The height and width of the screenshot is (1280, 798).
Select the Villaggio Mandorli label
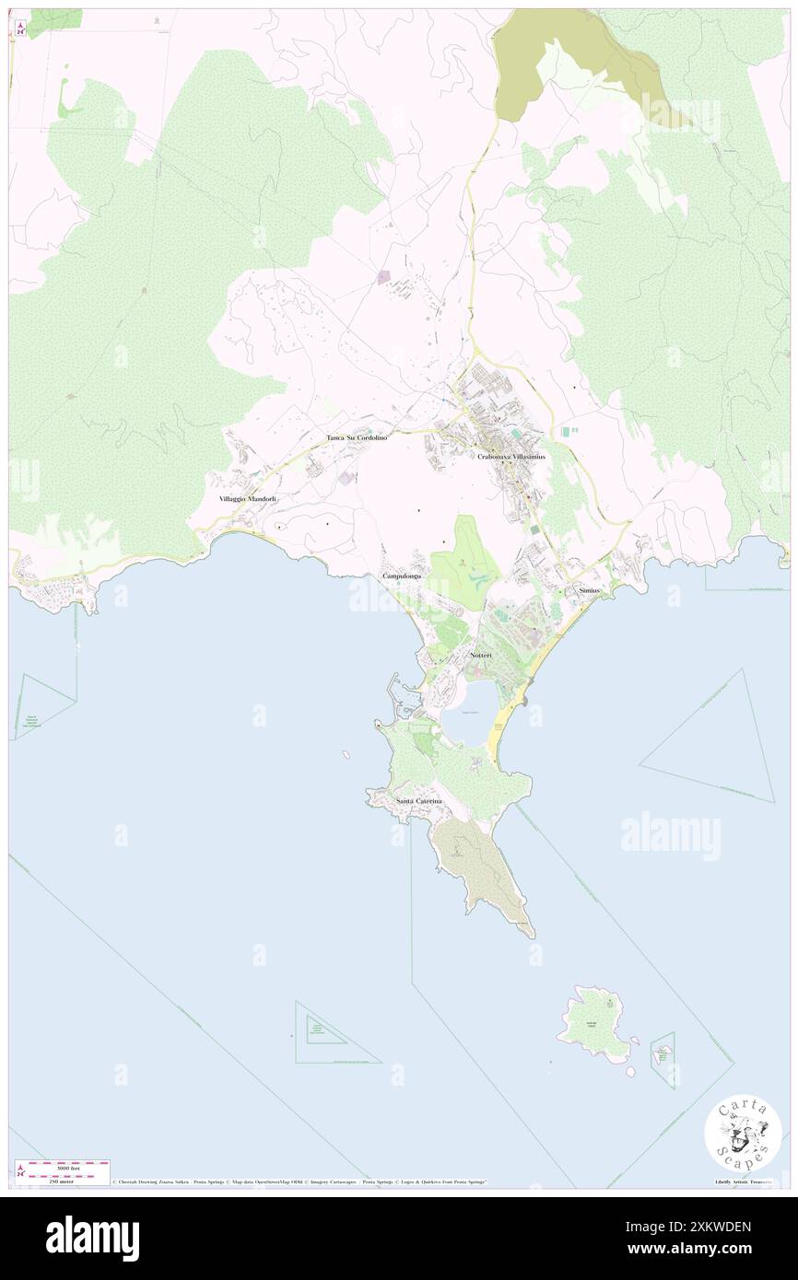(x=248, y=498)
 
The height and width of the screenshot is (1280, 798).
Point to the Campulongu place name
(x=402, y=576)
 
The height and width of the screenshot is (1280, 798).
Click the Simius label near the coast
(x=590, y=589)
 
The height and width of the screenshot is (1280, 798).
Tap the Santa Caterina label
(x=419, y=801)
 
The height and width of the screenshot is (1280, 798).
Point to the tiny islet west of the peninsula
(x=346, y=755)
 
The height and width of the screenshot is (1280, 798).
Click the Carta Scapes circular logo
(x=743, y=1135)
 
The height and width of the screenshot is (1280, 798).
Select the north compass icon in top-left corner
(x=20, y=28)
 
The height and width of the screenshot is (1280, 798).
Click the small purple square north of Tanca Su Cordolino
(x=384, y=275)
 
